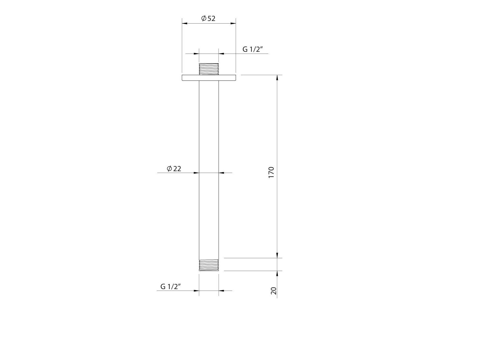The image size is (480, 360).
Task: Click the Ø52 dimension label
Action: click(x=208, y=19)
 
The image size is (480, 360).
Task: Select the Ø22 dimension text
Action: click(x=174, y=169)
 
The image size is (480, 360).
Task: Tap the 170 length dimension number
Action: click(x=271, y=173)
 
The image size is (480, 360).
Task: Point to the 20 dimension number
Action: click(x=274, y=291)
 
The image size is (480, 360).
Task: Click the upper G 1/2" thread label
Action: click(x=252, y=50)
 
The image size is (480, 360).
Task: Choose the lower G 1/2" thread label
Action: click(x=171, y=287)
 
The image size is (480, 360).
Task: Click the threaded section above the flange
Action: click(x=209, y=69)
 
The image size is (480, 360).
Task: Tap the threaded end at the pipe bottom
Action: click(x=209, y=265)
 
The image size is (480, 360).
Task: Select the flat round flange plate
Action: click(x=209, y=78)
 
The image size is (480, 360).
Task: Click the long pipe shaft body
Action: click(x=209, y=168)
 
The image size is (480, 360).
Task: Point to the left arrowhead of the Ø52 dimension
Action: click(x=185, y=23)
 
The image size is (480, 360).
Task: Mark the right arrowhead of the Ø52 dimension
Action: click(x=233, y=23)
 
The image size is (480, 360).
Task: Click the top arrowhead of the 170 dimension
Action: click(x=277, y=77)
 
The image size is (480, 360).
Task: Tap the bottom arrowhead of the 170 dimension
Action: click(x=277, y=255)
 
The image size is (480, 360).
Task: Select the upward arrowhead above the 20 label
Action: click(x=277, y=273)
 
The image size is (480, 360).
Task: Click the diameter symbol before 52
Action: click(x=204, y=19)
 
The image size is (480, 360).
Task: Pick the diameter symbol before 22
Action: click(x=169, y=169)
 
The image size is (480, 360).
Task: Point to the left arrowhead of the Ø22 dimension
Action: click(x=196, y=173)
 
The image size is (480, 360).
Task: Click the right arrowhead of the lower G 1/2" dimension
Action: click(x=221, y=291)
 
